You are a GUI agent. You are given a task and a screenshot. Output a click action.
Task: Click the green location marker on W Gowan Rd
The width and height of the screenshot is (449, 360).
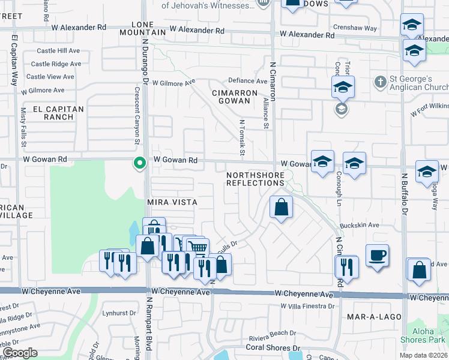pos(140,163)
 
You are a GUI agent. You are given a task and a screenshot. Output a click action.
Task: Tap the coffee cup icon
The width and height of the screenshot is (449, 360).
pos(377,255)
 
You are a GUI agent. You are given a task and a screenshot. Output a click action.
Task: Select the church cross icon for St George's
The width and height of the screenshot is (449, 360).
pos(379,81)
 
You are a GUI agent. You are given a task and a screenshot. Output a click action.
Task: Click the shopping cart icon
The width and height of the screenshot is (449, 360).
pos(197,247)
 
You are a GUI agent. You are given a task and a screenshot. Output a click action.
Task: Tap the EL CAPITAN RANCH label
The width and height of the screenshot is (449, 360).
pos(53,113)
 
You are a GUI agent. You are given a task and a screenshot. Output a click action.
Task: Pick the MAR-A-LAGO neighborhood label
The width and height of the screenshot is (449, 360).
pos(372,315)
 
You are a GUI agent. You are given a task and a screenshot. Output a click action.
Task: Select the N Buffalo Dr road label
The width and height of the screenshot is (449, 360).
pos(405,195)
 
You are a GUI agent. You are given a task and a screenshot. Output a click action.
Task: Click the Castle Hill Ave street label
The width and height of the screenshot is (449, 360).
pos(58,51)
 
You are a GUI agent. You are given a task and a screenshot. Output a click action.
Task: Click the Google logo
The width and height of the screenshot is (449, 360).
pos(20,352)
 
